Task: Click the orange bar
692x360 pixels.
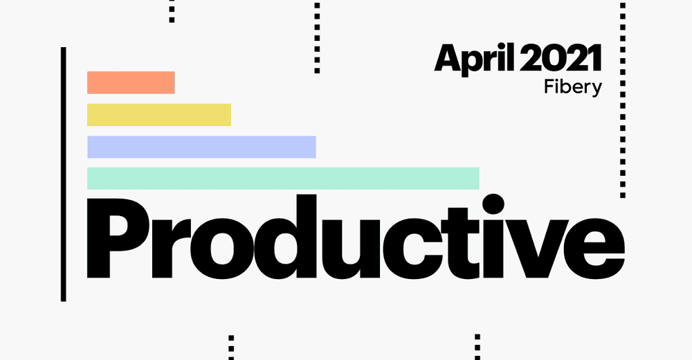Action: click(131, 82)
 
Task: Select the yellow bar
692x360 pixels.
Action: click(158, 115)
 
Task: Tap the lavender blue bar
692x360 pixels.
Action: click(201, 147)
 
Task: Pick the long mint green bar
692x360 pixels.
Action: click(283, 178)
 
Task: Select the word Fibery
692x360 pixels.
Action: click(574, 88)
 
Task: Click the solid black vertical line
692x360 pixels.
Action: click(63, 174)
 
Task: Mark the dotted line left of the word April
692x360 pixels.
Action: click(317, 38)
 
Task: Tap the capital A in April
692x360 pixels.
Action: click(448, 60)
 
